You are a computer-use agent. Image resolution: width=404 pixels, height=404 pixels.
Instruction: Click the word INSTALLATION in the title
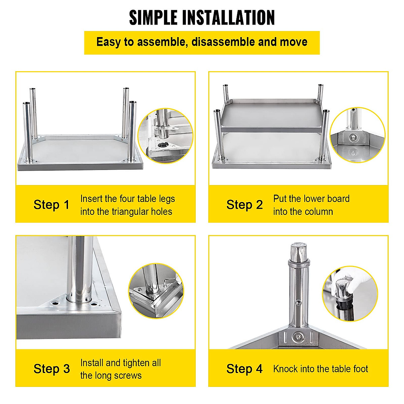coord(229,18)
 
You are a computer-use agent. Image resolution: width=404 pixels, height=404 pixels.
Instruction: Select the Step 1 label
coord(52,205)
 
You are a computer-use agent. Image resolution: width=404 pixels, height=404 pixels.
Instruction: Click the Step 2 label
coord(244,205)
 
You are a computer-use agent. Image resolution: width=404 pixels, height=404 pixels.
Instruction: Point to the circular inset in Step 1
coord(165,136)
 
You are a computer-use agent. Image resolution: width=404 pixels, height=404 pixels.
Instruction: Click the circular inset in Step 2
coord(358,135)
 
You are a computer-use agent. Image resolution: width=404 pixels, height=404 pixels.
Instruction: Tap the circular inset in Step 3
coord(156,291)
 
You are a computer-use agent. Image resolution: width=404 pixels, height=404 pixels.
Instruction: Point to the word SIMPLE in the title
coord(153,18)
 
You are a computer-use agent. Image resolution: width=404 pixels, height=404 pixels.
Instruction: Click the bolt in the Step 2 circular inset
coord(353,138)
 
